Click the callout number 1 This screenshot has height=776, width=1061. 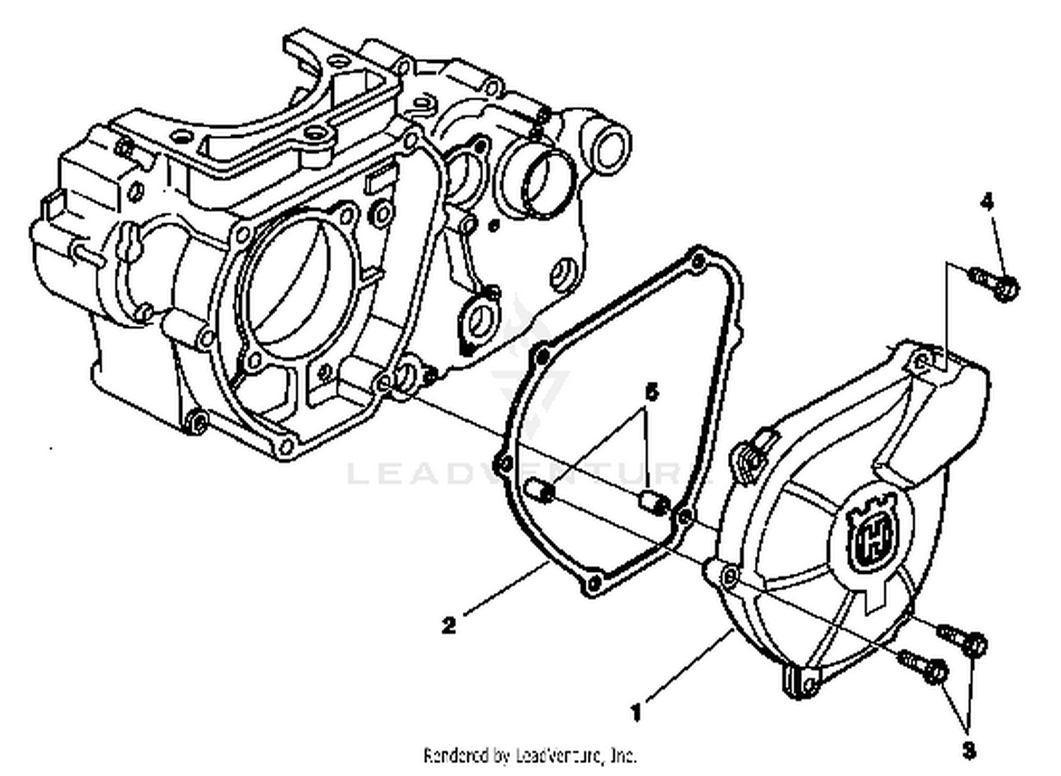click(x=637, y=712)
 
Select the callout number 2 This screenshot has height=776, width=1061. click(x=448, y=625)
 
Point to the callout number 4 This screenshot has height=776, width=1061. click(x=987, y=202)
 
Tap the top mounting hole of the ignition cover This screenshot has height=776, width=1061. click(x=922, y=363)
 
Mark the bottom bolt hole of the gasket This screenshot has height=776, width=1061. click(x=593, y=584)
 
